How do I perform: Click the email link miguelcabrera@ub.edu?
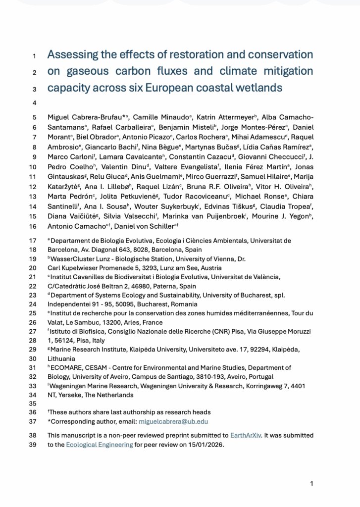[173, 422]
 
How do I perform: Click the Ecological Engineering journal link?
[100, 445]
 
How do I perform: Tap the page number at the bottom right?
[311, 483]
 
